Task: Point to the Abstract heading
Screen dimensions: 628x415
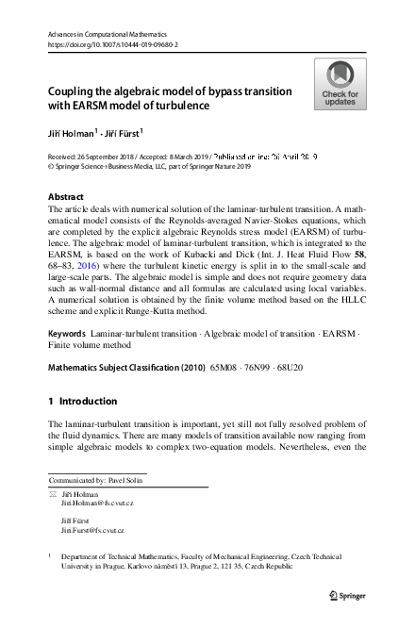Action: point(65,198)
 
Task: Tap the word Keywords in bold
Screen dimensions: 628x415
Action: point(67,335)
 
